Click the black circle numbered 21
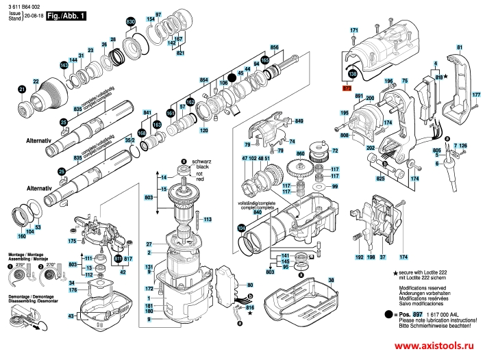coord(22,90)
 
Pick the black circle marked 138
coord(351,73)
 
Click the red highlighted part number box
coord(347,88)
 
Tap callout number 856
coord(275,47)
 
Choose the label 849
coord(299,121)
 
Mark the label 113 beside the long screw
coord(208,219)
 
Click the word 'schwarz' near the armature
coord(201,161)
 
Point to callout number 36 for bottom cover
coord(331,281)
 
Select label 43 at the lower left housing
coord(71,316)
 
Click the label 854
coord(203,81)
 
